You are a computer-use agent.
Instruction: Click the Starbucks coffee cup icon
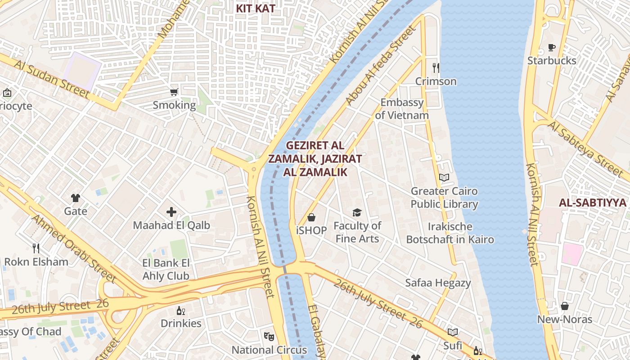[x=552, y=47]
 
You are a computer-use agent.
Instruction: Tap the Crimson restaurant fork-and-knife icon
[x=436, y=68]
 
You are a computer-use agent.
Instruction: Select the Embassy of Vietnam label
[x=402, y=109]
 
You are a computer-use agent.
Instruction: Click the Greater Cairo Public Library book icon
[x=444, y=177]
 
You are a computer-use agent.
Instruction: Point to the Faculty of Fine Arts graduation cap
[x=357, y=212]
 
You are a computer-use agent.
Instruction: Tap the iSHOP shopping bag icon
[x=311, y=218]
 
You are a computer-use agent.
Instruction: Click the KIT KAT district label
[x=256, y=8]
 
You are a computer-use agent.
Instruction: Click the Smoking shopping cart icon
[x=174, y=92]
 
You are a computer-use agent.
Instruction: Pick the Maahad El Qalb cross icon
[x=171, y=212]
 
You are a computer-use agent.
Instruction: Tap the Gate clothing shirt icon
[x=75, y=198]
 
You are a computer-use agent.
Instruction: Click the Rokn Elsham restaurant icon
[x=36, y=248]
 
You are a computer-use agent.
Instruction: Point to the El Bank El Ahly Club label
[x=166, y=270]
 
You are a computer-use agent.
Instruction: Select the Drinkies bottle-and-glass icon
[x=181, y=310]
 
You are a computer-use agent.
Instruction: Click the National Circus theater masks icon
[x=269, y=336]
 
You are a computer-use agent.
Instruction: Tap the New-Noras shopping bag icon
[x=565, y=306]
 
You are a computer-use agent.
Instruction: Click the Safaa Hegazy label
[x=438, y=283]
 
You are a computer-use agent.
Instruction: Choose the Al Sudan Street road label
[x=51, y=79]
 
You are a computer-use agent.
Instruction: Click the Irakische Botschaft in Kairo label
[x=450, y=233]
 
